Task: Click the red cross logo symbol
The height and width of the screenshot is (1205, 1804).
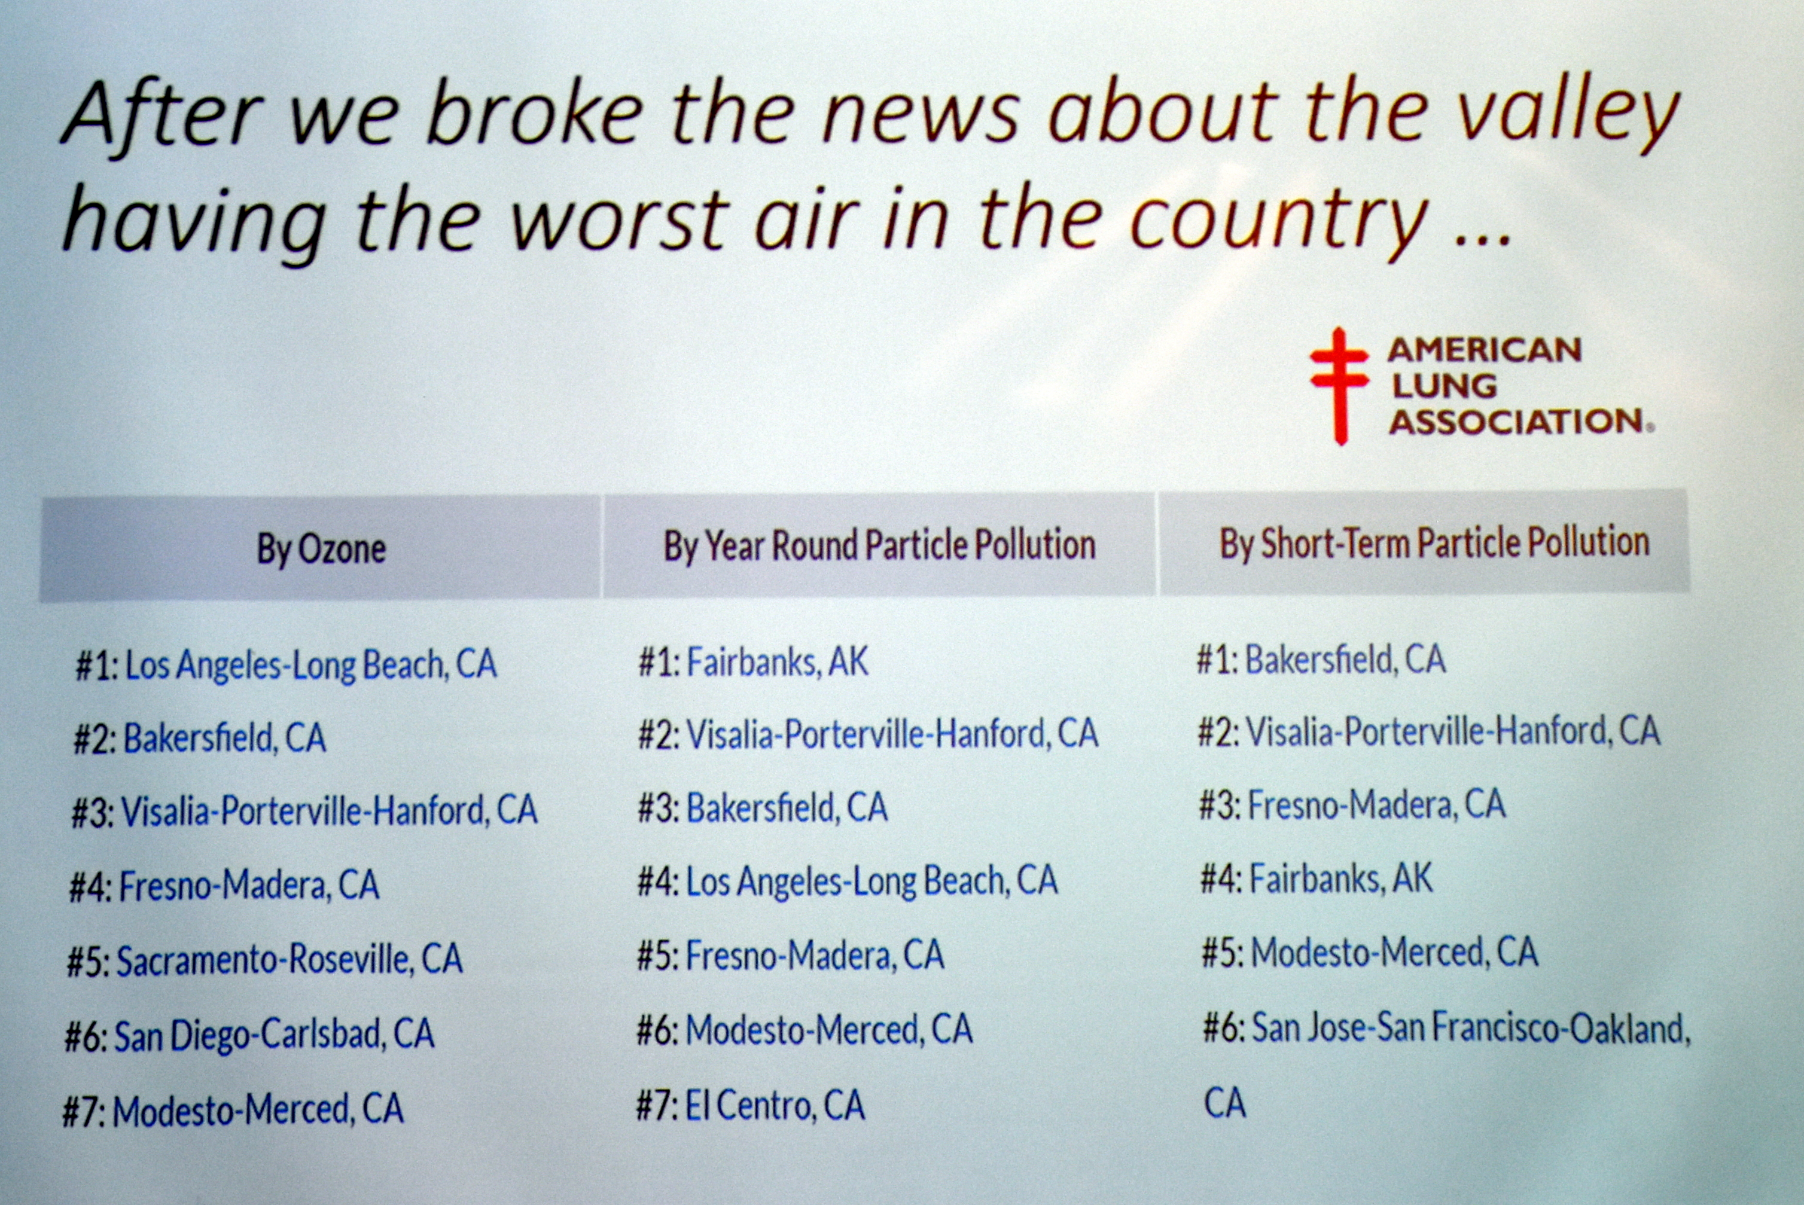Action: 1340,386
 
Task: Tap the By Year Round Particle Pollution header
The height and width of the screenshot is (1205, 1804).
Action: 879,545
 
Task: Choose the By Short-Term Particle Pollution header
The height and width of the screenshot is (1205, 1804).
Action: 1434,542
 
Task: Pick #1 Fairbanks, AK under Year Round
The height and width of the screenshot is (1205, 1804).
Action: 753,661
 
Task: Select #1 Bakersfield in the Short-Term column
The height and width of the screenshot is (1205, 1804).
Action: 1321,660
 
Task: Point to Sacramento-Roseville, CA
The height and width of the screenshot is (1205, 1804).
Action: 265,960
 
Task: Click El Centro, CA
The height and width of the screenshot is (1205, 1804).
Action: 750,1106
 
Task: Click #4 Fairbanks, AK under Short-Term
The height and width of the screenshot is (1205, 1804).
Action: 1317,878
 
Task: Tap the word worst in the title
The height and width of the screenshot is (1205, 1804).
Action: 618,219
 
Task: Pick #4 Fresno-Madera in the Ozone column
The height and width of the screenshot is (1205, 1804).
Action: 224,885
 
